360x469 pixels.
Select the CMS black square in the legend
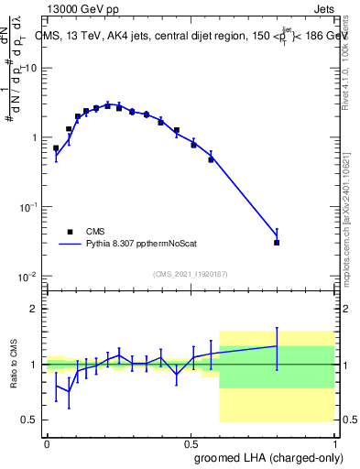[x=70, y=233]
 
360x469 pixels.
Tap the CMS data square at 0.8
[x=277, y=243]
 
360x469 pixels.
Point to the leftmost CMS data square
[x=56, y=147]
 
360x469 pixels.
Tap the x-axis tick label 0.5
[x=191, y=442]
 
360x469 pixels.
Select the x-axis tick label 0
[x=47, y=442]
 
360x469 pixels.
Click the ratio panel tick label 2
[x=34, y=309]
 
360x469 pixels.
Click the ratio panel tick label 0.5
[x=29, y=420]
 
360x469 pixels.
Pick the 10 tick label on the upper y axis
[x=29, y=68]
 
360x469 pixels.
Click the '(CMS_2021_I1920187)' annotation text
[x=190, y=274]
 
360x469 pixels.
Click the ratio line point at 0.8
[x=277, y=345]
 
